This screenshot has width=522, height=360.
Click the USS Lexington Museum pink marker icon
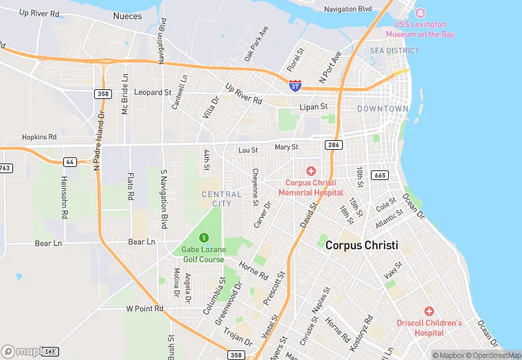click(420, 14)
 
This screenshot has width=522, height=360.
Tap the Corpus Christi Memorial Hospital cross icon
click(310, 170)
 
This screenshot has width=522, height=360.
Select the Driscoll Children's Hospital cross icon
click(429, 311)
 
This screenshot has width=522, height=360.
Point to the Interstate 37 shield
click(295, 86)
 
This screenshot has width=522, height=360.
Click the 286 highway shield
click(334, 146)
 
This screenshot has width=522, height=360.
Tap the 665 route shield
click(380, 175)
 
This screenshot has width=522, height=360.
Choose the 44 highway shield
click(69, 161)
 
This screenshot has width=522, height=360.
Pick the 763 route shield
click(5, 168)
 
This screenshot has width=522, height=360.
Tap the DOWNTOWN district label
click(383, 109)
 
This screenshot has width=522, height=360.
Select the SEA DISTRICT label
click(394, 51)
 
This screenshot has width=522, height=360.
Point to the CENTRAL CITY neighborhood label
click(221, 199)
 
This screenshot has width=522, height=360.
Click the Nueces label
click(127, 16)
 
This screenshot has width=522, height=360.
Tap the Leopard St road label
click(152, 92)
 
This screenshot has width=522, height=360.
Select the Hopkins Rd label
click(38, 137)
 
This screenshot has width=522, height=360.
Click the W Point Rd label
click(144, 308)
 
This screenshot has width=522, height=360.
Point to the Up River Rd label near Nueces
click(40, 12)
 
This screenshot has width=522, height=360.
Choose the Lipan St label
click(314, 107)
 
